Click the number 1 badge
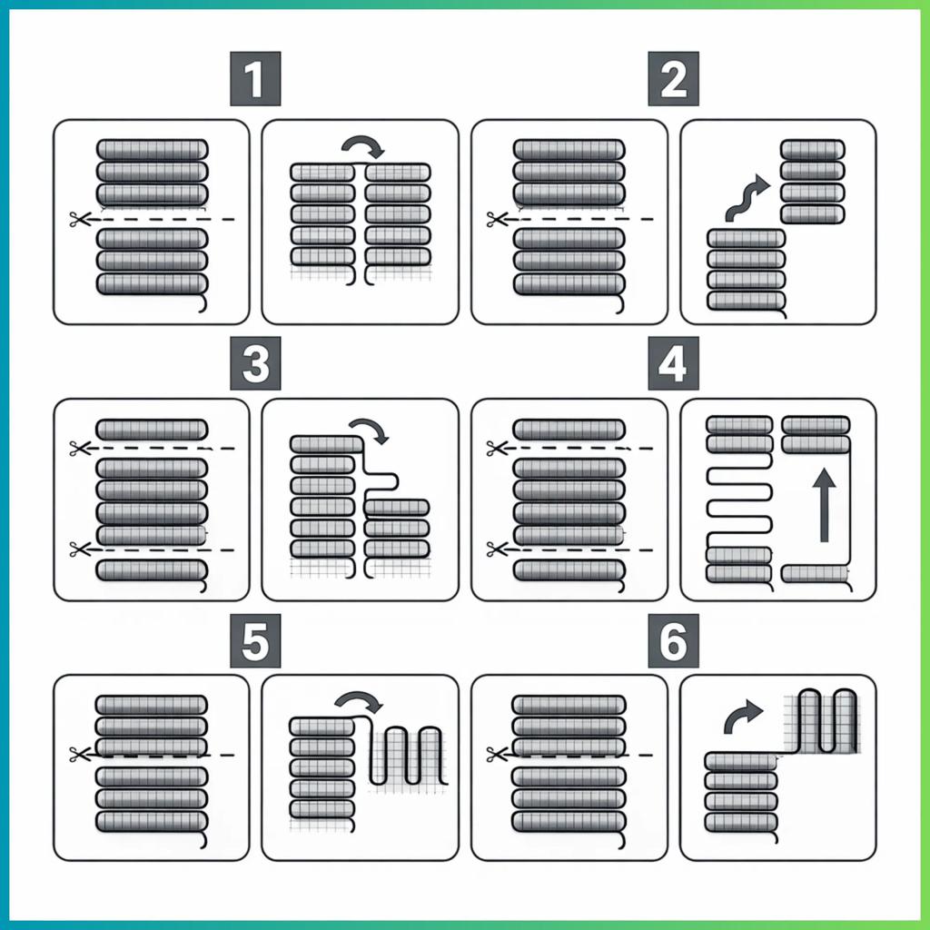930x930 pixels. click(255, 78)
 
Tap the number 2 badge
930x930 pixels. click(673, 78)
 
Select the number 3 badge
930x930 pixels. click(255, 363)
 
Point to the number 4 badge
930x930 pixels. click(673, 363)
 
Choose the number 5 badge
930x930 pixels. click(255, 640)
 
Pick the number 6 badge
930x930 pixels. click(673, 640)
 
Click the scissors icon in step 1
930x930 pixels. click(79, 220)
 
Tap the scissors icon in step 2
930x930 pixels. click(496, 220)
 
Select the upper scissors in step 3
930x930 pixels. click(79, 449)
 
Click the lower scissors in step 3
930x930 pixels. click(79, 549)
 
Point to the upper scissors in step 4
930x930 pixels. click(496, 449)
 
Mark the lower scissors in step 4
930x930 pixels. click(496, 549)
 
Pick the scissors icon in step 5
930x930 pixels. click(79, 755)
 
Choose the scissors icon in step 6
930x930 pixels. click(496, 755)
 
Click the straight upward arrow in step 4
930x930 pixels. click(824, 504)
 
